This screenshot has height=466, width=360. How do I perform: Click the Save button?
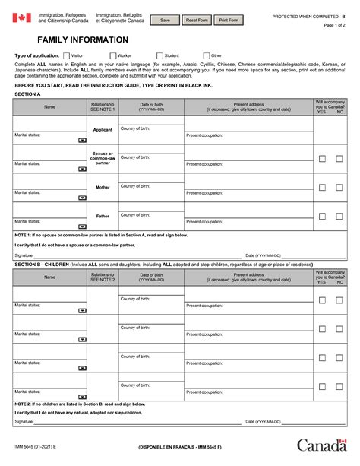coord(166,19)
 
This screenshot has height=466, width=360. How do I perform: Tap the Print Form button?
coord(229,19)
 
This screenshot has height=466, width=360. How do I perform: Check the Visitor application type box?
coord(68,55)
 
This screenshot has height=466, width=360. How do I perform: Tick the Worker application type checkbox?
coord(113,55)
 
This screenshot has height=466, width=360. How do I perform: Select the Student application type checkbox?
coord(159,55)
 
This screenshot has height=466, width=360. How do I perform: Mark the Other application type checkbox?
coord(206,55)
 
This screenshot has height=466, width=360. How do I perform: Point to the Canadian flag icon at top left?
coord(21,17)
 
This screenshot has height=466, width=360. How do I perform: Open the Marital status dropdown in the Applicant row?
coord(81,140)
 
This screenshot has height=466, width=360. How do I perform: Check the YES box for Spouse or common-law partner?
coord(322,159)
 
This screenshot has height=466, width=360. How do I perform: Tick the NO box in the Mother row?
coord(340,188)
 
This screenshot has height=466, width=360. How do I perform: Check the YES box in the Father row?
coord(322,217)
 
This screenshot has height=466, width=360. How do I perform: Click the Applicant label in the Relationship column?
coord(103,130)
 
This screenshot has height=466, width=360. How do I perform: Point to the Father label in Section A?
coord(103,216)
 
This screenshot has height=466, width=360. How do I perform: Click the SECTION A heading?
coord(27,94)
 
